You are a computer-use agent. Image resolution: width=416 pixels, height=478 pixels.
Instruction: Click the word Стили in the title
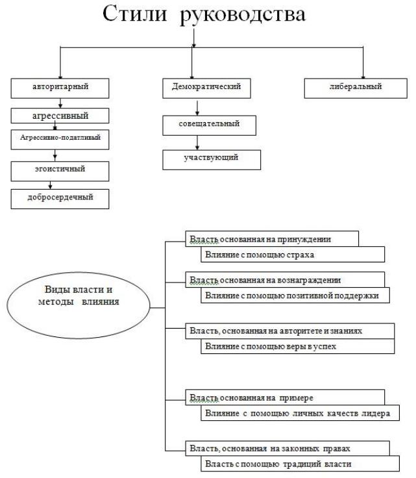tap(134, 14)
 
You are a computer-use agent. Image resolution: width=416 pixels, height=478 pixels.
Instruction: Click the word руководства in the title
tap(243, 15)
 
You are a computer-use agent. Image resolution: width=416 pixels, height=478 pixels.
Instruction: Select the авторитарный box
tap(60, 88)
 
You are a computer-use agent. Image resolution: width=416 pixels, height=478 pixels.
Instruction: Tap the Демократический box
tap(206, 88)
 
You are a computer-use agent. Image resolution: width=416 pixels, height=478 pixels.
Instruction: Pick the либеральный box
tap(356, 88)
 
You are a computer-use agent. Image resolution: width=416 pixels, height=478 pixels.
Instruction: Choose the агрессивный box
tap(60, 116)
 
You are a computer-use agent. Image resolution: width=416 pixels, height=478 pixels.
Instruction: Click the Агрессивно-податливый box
tap(60, 140)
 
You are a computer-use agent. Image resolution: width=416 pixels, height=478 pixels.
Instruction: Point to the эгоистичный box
tap(60, 171)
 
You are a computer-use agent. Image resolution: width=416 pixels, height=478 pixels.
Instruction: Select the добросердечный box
tap(60, 199)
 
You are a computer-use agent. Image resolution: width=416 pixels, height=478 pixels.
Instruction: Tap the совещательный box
tap(209, 125)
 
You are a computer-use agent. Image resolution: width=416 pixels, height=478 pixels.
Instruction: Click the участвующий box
tap(212, 160)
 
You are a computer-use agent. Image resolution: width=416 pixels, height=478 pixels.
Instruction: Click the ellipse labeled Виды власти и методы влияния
tap(79, 305)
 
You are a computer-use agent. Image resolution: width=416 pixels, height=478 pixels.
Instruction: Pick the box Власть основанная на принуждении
tap(272, 239)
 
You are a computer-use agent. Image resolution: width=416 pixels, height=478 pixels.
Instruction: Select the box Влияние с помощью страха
tap(293, 254)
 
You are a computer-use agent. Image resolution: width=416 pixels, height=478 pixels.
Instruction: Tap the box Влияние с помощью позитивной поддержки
tap(295, 295)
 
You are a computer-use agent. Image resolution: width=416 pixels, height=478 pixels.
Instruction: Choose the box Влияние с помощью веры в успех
tap(297, 346)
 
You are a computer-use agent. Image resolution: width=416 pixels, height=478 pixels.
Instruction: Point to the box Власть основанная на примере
tap(285, 397)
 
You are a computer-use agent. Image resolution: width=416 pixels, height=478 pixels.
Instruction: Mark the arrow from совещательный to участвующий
tap(197, 143)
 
